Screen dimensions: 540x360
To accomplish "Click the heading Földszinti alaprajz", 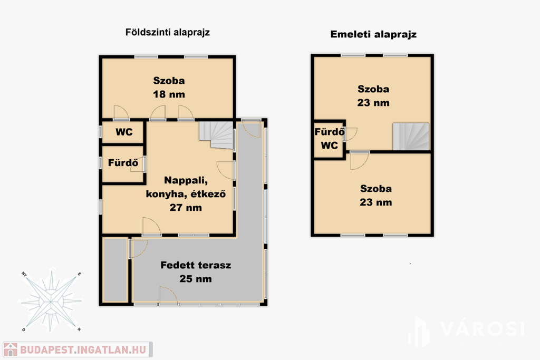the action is tap(167, 32).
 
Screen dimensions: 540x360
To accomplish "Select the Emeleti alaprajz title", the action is tap(373, 34).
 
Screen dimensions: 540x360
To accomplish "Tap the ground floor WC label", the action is tap(124, 132).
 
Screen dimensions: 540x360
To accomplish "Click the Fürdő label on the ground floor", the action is tap(123, 162).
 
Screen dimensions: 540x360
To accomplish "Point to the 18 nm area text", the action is tap(169, 94).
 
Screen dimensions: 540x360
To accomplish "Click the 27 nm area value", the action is tap(186, 208).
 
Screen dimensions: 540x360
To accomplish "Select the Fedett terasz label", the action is tap(196, 265).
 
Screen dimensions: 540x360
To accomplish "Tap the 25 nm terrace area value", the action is tap(196, 279).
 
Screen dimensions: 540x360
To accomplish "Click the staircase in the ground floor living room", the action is tap(216, 135).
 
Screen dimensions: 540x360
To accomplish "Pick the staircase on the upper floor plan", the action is tap(411, 137).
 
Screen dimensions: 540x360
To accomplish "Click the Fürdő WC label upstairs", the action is tap(329, 138).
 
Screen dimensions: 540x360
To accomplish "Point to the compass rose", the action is tap(51, 301).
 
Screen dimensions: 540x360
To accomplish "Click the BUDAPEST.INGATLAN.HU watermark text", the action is tap(83, 349).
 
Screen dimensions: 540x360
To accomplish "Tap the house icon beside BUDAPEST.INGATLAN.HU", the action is tap(11, 349).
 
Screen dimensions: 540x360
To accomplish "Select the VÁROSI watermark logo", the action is tap(467, 331).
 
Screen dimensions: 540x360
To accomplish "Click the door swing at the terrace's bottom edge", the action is tap(169, 296).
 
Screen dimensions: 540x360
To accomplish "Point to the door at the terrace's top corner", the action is tap(250, 128).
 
